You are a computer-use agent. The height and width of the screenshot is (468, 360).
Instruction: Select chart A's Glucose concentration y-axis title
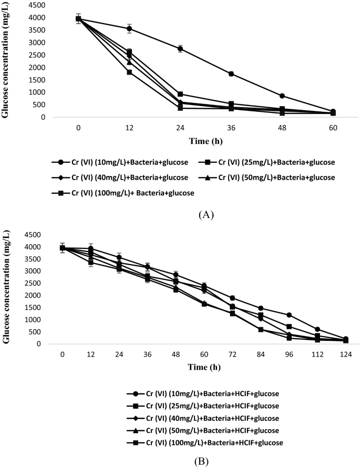click(x=7, y=62)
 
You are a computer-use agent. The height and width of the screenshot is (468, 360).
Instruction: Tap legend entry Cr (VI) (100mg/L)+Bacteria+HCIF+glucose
click(x=205, y=443)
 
